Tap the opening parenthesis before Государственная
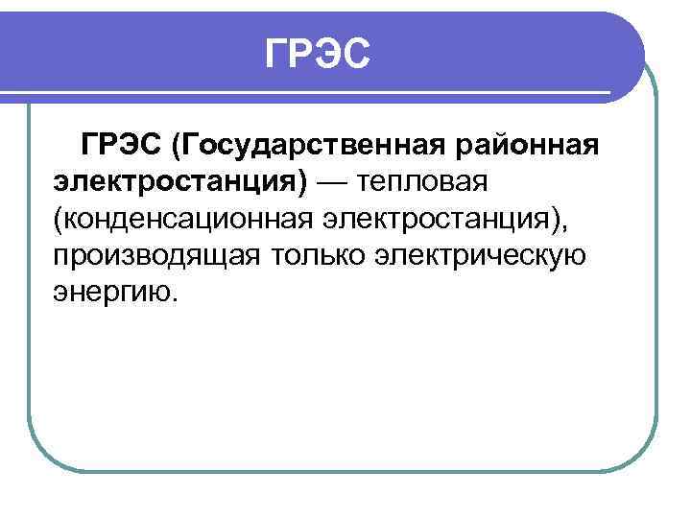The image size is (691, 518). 177,148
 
